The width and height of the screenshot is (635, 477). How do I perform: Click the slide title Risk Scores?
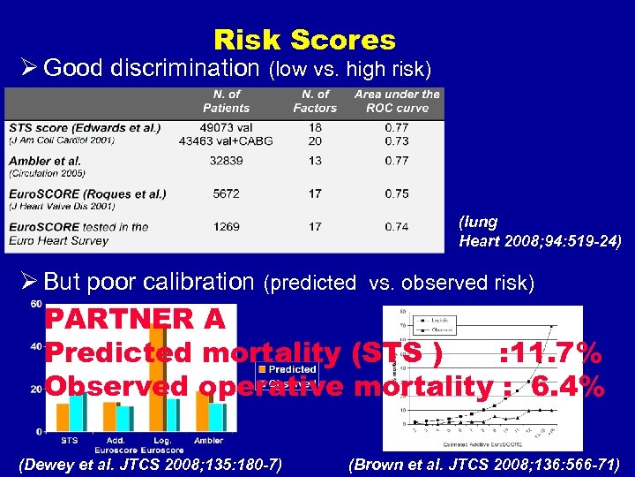click(x=304, y=40)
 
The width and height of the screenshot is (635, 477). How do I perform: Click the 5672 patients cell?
click(x=226, y=194)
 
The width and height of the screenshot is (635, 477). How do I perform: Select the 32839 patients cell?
click(x=226, y=161)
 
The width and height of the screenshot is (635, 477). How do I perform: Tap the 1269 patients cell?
click(x=226, y=227)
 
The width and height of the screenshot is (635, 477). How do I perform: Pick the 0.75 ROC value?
click(x=396, y=194)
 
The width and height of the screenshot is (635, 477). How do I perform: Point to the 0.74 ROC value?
click(x=396, y=227)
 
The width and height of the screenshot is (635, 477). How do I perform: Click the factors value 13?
click(x=315, y=161)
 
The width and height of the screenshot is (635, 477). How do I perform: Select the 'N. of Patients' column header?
click(x=227, y=101)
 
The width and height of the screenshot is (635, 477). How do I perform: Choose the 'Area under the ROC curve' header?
click(x=397, y=101)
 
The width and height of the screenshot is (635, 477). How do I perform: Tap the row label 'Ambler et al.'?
click(x=45, y=161)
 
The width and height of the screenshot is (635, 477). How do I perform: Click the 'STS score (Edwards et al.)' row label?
click(x=85, y=127)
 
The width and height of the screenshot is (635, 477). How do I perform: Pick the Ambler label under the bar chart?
click(x=208, y=439)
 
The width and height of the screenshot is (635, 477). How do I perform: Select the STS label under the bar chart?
click(x=69, y=439)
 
